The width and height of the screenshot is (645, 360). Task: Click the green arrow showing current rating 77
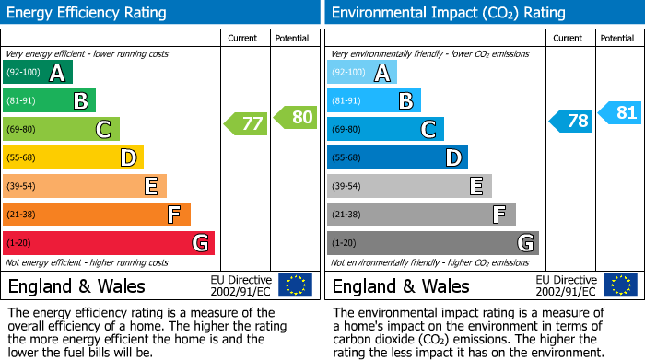point(245,123)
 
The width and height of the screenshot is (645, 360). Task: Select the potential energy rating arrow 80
point(295,117)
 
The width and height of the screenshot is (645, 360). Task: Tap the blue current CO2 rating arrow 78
point(571,121)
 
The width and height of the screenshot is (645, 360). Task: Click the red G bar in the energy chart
point(108,243)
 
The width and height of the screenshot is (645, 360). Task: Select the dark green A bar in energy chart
point(37,73)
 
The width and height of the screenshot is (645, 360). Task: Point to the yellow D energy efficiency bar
point(73,158)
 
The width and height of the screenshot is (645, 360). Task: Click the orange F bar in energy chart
point(96,215)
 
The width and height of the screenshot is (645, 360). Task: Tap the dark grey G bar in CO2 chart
point(432,243)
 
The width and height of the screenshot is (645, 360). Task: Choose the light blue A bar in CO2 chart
point(362,73)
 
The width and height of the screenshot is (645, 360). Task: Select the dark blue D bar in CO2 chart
point(397,158)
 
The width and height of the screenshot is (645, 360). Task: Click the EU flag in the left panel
point(295,285)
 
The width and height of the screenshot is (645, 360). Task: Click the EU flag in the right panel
point(620,285)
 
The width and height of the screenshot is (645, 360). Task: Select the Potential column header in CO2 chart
point(617,38)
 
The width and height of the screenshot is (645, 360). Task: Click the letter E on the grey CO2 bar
point(475,186)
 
